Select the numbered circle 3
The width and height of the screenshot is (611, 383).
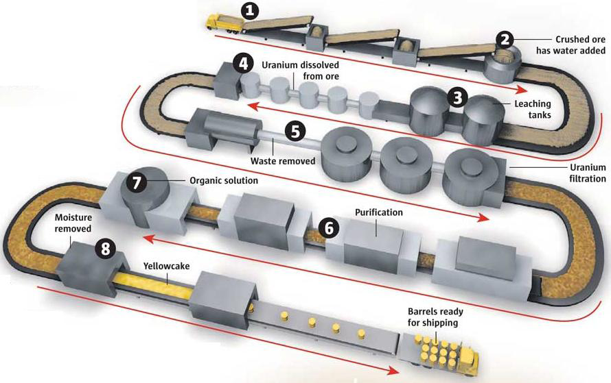point(454,97)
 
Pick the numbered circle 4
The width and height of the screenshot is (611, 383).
point(241,64)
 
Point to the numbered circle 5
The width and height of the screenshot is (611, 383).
point(295,131)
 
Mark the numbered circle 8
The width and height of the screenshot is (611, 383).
point(104,248)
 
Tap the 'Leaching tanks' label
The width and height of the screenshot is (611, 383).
point(532,110)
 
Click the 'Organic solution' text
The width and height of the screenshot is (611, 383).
point(223,182)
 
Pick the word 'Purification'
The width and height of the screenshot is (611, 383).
point(379,212)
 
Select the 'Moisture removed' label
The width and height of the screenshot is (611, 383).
point(73,223)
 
